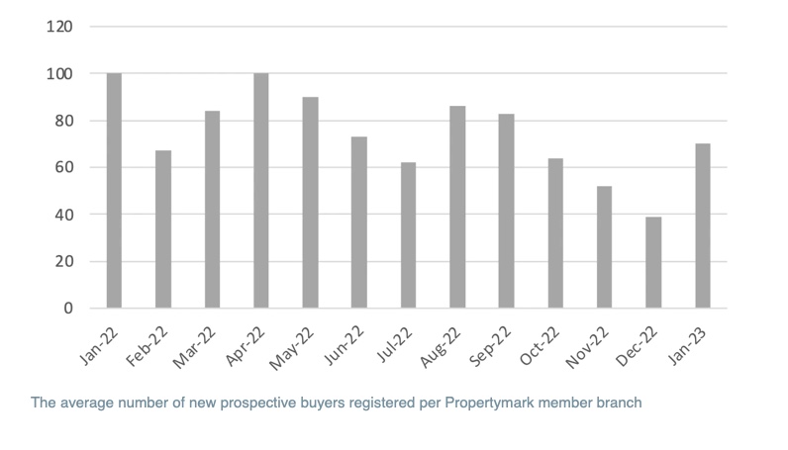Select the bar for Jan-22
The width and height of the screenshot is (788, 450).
tap(114, 191)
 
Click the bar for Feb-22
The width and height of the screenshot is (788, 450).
tap(163, 229)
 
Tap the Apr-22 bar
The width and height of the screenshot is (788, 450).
tap(261, 191)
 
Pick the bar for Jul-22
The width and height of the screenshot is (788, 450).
tap(408, 235)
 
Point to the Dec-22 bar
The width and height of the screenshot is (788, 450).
tap(653, 262)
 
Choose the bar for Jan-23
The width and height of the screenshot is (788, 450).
tap(703, 226)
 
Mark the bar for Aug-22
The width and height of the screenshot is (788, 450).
tap(457, 207)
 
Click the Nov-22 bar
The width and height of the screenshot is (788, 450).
tap(604, 247)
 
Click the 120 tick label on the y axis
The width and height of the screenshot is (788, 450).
tap(59, 27)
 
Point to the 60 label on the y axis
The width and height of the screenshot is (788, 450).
tap(63, 168)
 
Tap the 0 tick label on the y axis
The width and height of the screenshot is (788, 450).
tap(67, 309)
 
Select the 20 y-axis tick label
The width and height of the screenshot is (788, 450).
tap(63, 262)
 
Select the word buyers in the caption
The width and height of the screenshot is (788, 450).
tap(314, 404)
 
